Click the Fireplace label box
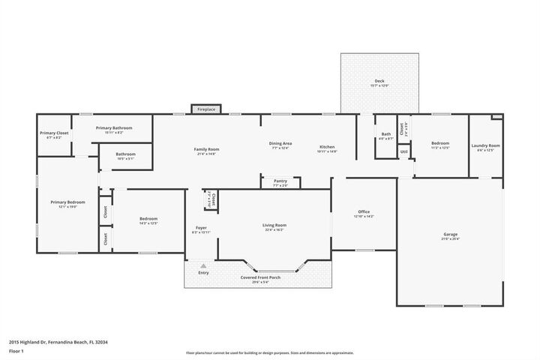pos(206,109)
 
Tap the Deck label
pos(379,81)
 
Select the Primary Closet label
pos(54,133)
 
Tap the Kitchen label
pos(327,146)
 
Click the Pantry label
pos(280,181)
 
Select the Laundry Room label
pos(485,145)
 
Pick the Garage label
pos(450,235)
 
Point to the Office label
pos(364,212)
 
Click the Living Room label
pos(274,225)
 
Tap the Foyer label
pos(201,228)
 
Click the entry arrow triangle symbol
pos(203,265)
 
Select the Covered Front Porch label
pos(260,277)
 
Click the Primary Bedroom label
pos(67,202)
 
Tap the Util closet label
pos(403,152)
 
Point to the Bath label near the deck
pos(386,134)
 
